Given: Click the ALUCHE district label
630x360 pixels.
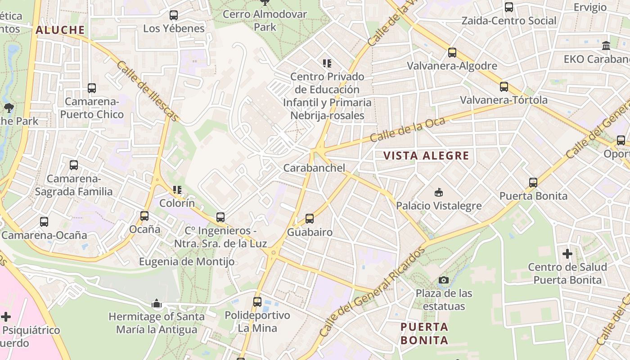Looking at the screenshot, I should click(60, 30).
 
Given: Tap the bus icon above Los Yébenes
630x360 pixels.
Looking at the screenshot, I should click(174, 15).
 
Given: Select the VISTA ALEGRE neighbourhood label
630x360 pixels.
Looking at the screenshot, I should click(426, 156).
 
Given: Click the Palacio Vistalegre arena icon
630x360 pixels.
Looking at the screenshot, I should click(438, 193).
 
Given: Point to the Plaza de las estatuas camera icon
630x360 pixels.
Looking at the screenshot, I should click(444, 280).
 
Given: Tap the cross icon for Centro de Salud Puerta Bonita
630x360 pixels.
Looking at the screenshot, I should click(567, 254).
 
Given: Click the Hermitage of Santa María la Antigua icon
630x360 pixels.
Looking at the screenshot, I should click(157, 304).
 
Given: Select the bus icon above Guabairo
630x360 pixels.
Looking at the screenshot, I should click(310, 219).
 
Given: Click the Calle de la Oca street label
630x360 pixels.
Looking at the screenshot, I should click(408, 129).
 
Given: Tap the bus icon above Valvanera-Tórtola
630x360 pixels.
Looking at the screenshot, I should click(504, 87).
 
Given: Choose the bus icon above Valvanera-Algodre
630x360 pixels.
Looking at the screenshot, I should click(452, 53).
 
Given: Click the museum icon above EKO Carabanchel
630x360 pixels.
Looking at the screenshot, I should click(606, 46).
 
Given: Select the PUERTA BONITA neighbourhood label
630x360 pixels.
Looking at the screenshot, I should click(424, 333).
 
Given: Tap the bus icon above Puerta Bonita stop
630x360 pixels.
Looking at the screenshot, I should click(533, 183).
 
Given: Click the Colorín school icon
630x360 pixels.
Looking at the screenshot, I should click(177, 190).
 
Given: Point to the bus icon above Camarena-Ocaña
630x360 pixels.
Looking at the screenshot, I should click(44, 222).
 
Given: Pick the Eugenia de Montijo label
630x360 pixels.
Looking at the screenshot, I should click(186, 261).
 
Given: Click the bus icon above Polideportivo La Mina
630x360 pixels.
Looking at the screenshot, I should click(257, 302).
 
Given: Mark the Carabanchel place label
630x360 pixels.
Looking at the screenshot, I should click(314, 168).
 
